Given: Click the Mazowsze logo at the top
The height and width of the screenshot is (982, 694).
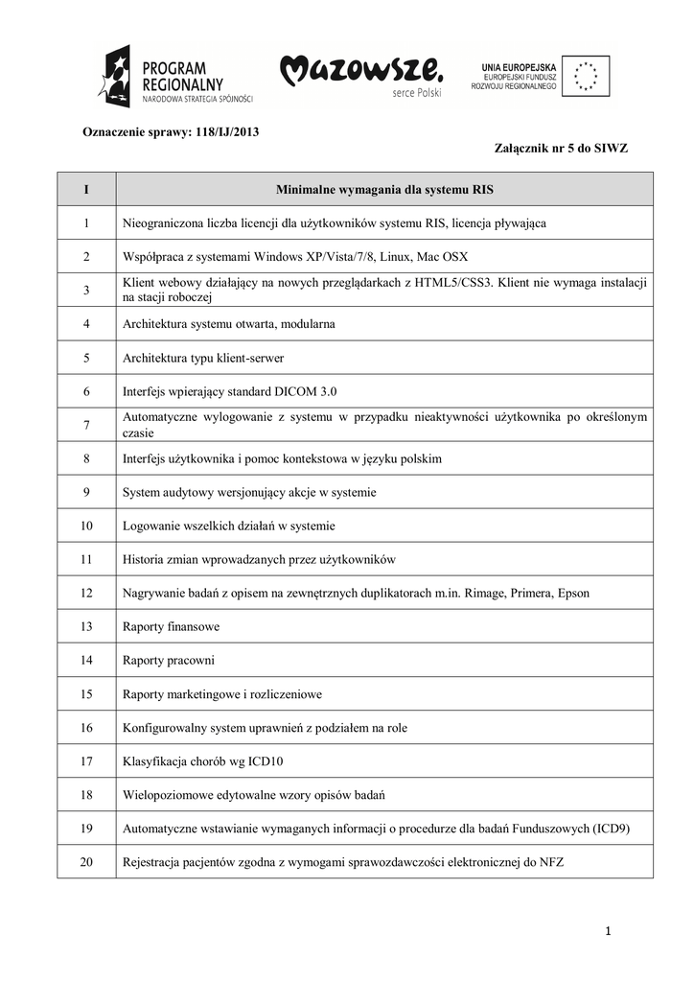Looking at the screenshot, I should click(x=361, y=76).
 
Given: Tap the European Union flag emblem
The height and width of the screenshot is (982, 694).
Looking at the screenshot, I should click(x=586, y=76).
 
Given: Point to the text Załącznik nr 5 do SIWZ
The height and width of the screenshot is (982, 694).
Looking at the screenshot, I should click(x=561, y=149).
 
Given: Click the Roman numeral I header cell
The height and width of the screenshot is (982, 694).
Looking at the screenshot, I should click(x=86, y=189).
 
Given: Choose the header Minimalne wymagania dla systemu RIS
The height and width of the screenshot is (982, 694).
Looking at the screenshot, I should click(x=384, y=189).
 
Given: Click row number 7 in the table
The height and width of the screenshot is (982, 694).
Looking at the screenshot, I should click(x=86, y=425).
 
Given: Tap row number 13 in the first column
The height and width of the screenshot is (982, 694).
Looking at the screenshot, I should click(x=86, y=627).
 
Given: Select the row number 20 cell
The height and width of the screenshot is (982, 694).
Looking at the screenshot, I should click(x=86, y=862).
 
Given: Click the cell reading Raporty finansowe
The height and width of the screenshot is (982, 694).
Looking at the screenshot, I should click(x=172, y=627).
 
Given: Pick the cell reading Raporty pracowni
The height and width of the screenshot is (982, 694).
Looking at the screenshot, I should click(x=169, y=661).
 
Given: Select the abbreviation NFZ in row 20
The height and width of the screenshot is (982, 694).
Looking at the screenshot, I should click(x=553, y=862).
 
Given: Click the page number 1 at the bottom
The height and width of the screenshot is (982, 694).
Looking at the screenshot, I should click(x=608, y=930).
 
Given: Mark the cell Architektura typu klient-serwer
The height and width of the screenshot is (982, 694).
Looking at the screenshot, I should click(x=203, y=358).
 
